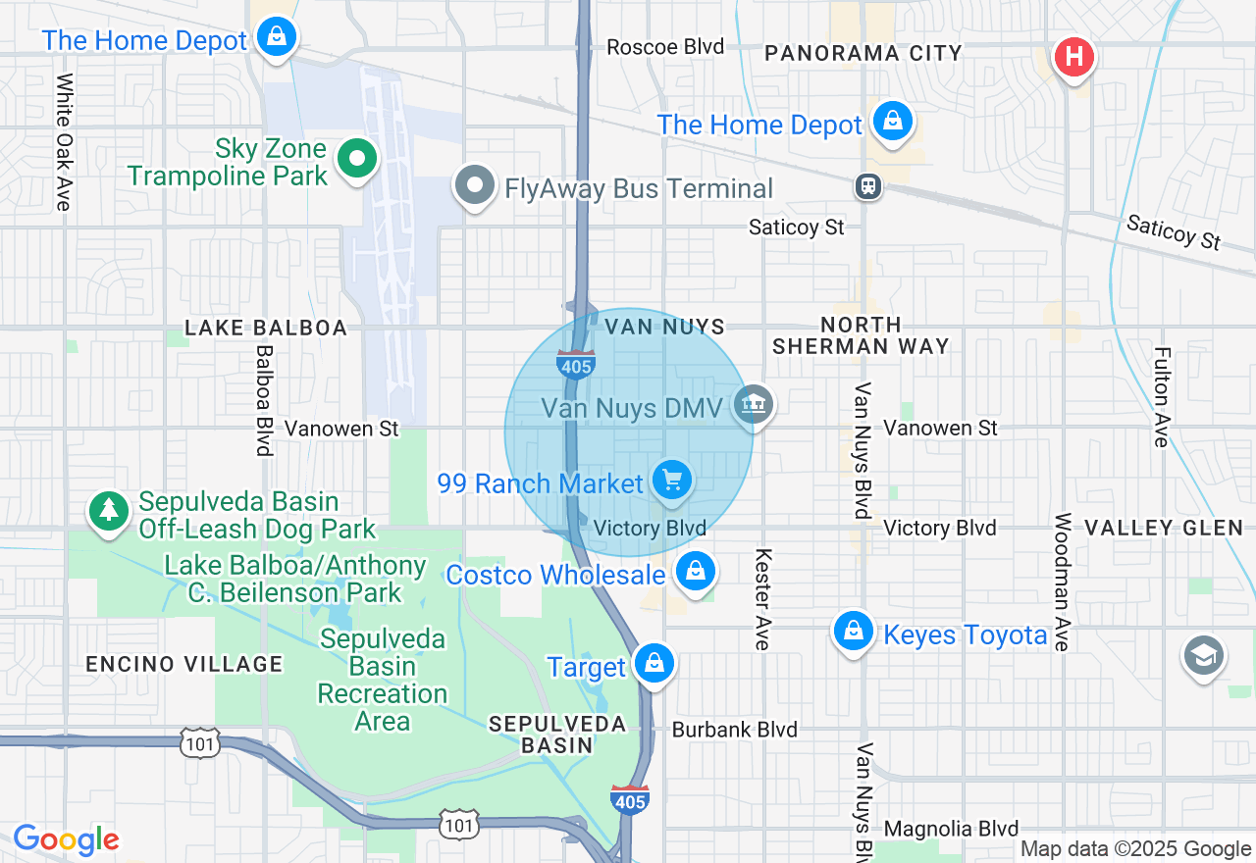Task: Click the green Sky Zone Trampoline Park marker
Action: pos(358,158)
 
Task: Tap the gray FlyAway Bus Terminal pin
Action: pos(476,184)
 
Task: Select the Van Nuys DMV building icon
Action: pos(754,404)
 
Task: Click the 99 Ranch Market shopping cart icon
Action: pos(671,481)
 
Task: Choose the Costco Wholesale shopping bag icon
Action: pos(696,570)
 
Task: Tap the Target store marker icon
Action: pos(654,664)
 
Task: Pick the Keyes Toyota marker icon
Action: pos(854,631)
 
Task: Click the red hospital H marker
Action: pos(1073,55)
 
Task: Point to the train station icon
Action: pos(867,186)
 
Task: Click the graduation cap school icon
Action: pos(1203,656)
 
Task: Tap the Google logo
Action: pos(66,840)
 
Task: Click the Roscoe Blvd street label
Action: pos(664,47)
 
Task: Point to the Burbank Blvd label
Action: pos(734,730)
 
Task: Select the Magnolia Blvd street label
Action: pos(950,829)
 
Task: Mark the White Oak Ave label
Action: pos(65,142)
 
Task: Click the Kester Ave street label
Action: pos(761,598)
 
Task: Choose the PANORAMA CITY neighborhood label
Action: pos(863,53)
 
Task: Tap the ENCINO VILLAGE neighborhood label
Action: pos(184,664)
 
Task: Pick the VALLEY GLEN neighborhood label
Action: pos(1164,529)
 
